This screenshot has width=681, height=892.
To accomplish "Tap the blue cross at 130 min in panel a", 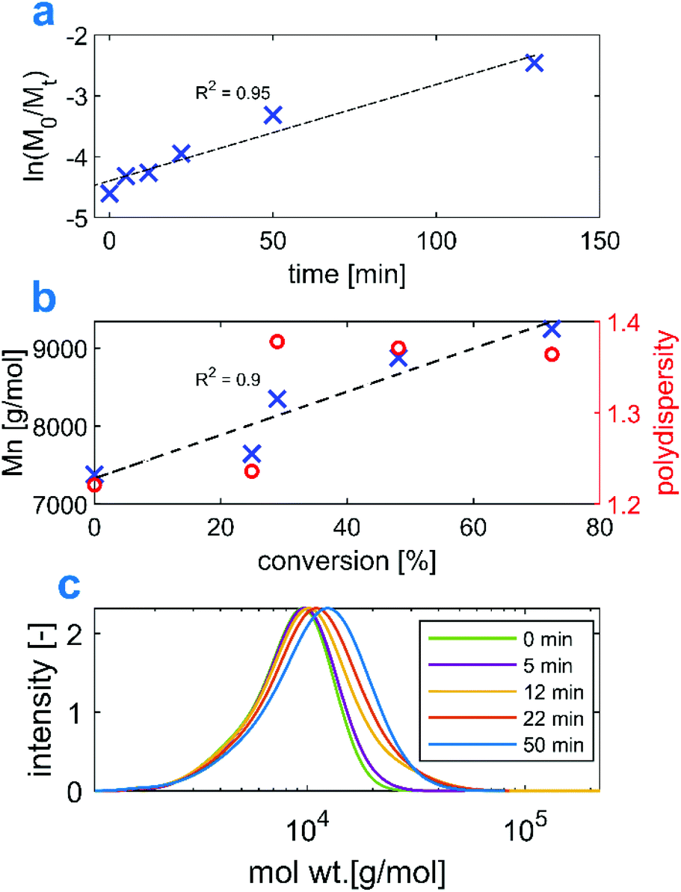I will point(533,63).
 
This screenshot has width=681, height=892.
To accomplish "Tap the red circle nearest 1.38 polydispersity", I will point(277,342).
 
